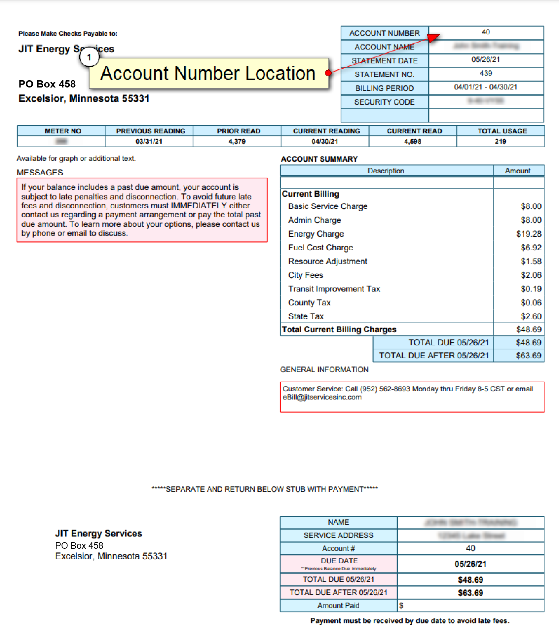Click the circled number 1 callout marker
(x=89, y=57)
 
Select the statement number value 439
(x=486, y=73)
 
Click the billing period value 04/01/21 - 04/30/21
(x=486, y=87)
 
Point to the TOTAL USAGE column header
(x=502, y=131)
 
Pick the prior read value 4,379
(x=237, y=142)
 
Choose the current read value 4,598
(x=413, y=142)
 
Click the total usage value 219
(x=500, y=142)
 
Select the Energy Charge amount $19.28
(x=529, y=234)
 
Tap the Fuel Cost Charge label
(x=320, y=248)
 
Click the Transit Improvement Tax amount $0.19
(x=531, y=289)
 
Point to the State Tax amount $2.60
(x=531, y=317)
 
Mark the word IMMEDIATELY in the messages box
(x=199, y=206)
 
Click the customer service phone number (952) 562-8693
(x=385, y=389)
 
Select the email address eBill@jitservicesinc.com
(x=322, y=398)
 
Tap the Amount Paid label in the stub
(x=338, y=606)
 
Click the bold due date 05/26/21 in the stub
(x=470, y=564)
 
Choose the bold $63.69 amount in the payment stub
(x=470, y=593)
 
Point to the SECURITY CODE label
(x=384, y=102)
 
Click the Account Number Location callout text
(x=208, y=73)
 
